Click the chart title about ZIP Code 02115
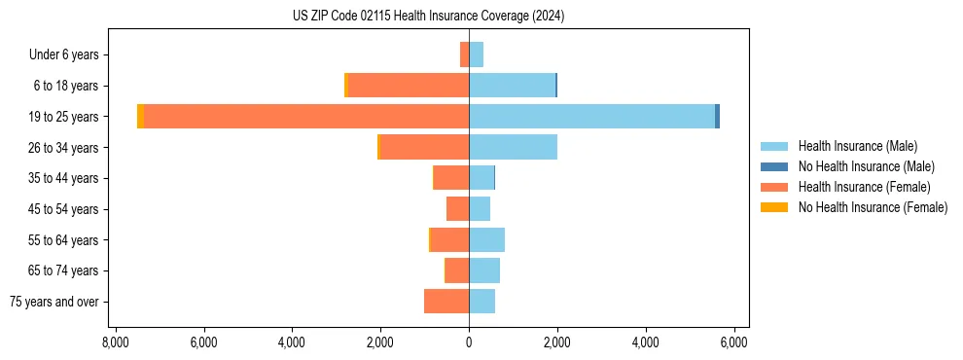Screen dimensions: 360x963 pos(428,17)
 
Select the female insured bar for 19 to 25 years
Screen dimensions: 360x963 pos(306,117)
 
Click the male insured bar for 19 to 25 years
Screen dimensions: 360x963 pos(591,117)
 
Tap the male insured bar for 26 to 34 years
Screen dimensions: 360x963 pos(513,147)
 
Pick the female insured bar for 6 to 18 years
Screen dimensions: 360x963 pos(409,86)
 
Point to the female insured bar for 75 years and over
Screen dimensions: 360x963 pos(446,302)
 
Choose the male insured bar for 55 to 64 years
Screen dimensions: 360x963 pos(486,239)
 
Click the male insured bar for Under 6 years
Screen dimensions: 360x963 pos(476,54)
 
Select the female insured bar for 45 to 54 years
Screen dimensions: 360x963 pos(457,209)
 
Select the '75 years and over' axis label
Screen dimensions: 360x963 pos(54,302)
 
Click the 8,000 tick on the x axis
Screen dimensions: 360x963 pos(116,342)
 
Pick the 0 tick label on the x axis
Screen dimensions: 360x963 pos(469,342)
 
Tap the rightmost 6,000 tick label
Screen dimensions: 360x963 pos(733,342)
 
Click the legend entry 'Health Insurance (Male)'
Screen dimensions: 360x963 pos(857,146)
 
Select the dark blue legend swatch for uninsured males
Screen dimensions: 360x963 pos(774,166)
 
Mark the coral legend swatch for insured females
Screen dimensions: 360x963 pos(774,187)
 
